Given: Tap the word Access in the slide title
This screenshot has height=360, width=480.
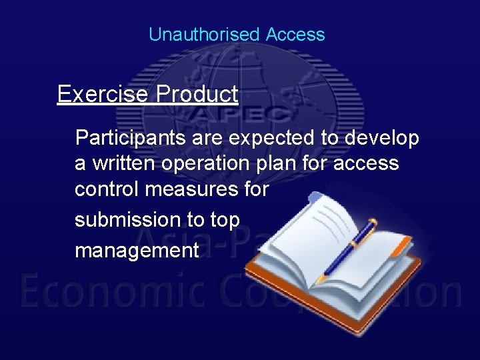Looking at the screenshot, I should click(x=295, y=35).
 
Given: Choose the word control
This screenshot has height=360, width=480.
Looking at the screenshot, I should click(x=107, y=189).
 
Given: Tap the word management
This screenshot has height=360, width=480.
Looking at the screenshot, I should click(x=137, y=251).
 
